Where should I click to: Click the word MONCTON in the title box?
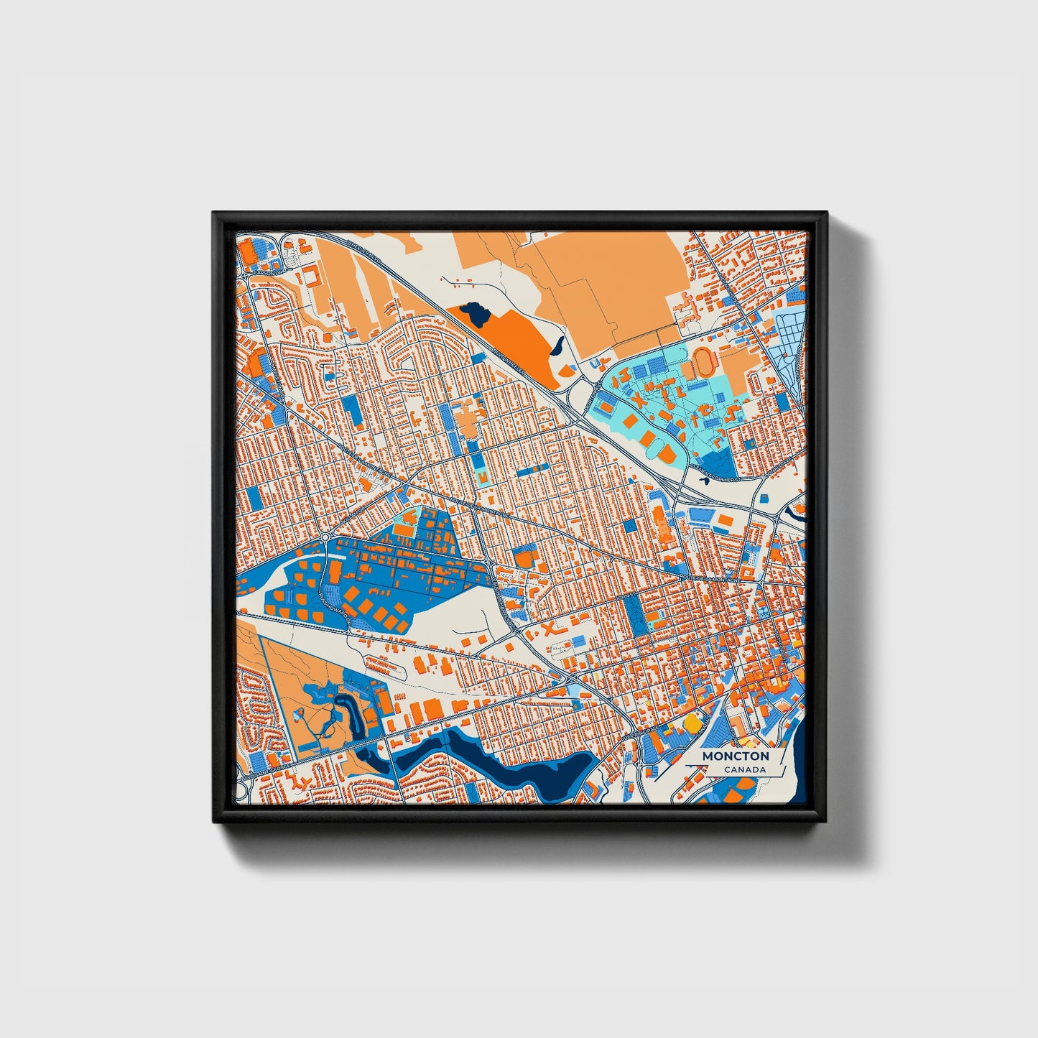click(735, 756)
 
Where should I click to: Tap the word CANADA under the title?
click(744, 770)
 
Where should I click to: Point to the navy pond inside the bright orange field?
click(475, 312)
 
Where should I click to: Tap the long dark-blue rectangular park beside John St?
click(634, 615)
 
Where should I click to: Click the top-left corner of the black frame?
click(214, 213)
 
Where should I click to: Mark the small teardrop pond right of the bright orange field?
click(557, 347)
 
